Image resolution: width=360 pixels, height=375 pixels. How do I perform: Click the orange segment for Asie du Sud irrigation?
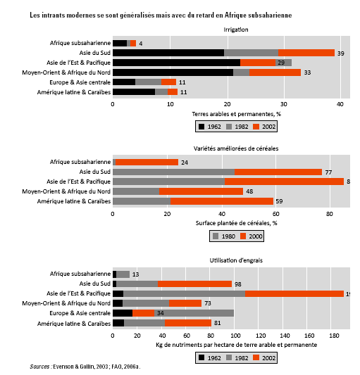click(x=306, y=53)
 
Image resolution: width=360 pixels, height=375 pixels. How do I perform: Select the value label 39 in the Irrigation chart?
click(x=340, y=53)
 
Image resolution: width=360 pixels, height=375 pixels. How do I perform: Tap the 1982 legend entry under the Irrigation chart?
click(x=237, y=127)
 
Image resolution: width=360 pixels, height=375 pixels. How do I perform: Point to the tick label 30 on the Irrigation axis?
click(x=284, y=104)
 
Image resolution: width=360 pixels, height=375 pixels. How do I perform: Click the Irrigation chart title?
click(x=236, y=30)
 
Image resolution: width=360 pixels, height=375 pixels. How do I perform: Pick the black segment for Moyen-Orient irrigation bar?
click(x=173, y=72)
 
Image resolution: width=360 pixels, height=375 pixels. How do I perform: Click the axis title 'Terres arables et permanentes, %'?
click(x=236, y=114)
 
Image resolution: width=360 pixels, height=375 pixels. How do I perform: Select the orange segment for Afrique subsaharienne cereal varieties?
click(x=147, y=162)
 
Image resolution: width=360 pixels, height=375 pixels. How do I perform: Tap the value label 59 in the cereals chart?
click(x=279, y=201)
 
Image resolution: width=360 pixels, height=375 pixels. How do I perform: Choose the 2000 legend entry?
click(x=252, y=236)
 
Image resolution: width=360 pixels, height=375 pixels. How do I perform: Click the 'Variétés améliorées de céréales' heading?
click(x=236, y=148)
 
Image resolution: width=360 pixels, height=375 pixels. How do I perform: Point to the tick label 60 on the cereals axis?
click(x=275, y=214)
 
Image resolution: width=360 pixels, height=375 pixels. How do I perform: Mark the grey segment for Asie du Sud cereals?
click(x=173, y=172)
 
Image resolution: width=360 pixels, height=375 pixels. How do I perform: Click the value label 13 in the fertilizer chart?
click(x=135, y=274)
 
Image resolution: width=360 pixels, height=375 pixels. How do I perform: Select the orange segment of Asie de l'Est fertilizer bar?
click(x=294, y=293)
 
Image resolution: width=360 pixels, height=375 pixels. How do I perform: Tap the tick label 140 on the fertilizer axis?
click(x=285, y=336)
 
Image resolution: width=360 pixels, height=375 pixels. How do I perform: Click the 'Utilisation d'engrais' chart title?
click(x=236, y=260)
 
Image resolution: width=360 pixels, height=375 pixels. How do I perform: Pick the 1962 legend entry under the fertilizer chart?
click(x=209, y=358)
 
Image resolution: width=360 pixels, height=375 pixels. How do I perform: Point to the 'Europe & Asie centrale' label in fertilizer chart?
click(x=80, y=313)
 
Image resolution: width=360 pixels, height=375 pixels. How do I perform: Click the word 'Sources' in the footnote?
click(x=39, y=367)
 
